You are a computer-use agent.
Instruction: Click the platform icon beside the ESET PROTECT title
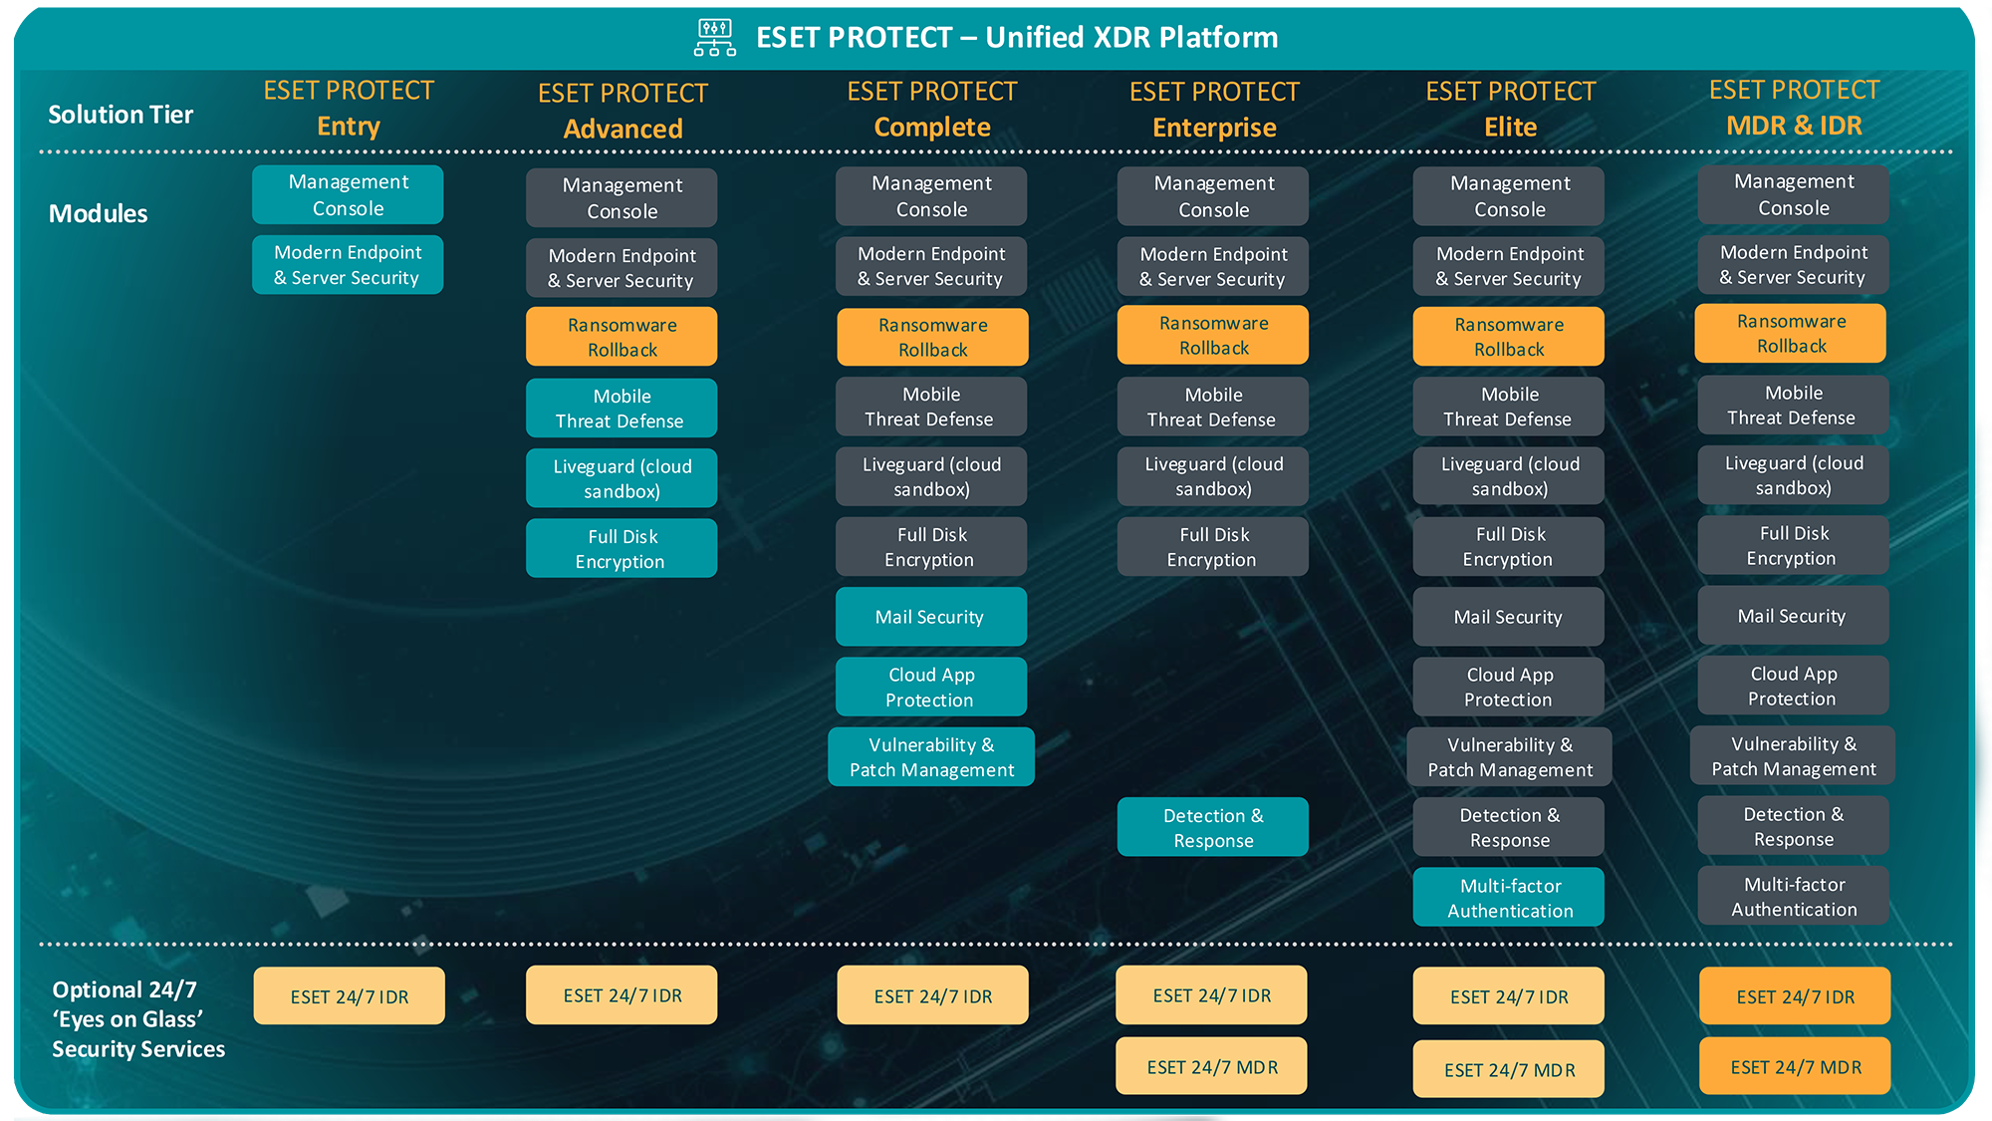pos(715,37)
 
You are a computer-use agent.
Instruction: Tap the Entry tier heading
pos(349,109)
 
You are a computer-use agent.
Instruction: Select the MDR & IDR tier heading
pos(1794,108)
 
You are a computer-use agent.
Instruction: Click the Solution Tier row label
pos(121,115)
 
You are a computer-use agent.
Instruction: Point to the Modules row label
pos(98,213)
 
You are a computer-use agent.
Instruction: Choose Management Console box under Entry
pos(348,195)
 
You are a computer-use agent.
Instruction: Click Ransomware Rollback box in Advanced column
pos(622,337)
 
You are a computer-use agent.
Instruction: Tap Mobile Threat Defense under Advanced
pos(622,409)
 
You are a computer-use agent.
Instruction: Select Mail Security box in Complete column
pos(930,617)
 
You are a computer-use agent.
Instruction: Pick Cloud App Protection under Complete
pos(930,687)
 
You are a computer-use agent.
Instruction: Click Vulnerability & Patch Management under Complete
pos(930,757)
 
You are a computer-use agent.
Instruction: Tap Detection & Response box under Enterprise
pos(1212,827)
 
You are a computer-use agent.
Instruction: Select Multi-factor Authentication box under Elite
pos(1509,898)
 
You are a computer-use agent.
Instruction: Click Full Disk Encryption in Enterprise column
pos(1212,547)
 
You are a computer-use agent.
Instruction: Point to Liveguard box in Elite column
pos(1509,476)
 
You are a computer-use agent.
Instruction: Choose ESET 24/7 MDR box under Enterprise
pos(1211,1067)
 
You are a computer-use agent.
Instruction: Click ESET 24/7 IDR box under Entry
pos(349,996)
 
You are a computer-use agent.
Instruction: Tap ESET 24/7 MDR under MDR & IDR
pos(1795,1067)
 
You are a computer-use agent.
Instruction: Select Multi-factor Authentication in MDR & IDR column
pos(1793,896)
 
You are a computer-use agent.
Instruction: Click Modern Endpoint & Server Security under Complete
pos(930,266)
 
